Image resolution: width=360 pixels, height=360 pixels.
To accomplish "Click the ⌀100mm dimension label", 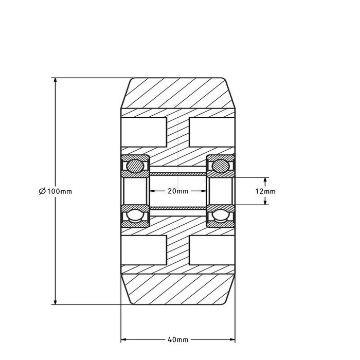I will click(x=55, y=191).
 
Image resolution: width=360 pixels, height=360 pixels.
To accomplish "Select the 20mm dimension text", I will click(x=177, y=191).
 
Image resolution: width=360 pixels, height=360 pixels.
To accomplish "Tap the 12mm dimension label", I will click(x=265, y=191).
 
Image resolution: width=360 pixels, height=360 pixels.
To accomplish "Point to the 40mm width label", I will click(x=178, y=340).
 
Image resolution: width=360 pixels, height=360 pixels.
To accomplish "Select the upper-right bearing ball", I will click(x=220, y=165).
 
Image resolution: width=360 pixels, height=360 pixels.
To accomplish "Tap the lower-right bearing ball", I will click(x=220, y=217).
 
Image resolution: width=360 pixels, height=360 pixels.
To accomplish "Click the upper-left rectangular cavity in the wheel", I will click(x=143, y=131).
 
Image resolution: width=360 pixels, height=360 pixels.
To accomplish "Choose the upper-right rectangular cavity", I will click(x=211, y=131).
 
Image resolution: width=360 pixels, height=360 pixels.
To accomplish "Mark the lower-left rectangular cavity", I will click(x=143, y=250).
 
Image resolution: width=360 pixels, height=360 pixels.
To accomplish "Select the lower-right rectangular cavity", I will click(x=211, y=250).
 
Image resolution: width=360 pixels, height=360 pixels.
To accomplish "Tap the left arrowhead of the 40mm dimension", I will click(x=124, y=339).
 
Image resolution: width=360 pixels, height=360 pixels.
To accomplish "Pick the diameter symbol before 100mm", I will click(x=42, y=191).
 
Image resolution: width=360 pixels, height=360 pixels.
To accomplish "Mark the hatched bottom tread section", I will click(x=177, y=288).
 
